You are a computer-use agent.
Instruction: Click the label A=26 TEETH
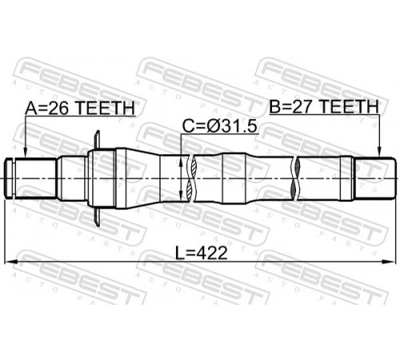[80, 108]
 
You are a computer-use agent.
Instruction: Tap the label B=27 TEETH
[324, 106]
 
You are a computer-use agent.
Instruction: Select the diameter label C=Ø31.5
[220, 126]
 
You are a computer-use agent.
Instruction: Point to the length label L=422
[202, 253]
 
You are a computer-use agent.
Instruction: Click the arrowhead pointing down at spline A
[25, 153]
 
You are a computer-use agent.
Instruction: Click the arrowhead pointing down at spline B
[380, 152]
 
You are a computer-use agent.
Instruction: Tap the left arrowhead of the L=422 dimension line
[10, 262]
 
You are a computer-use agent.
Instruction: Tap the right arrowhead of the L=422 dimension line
[389, 262]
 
